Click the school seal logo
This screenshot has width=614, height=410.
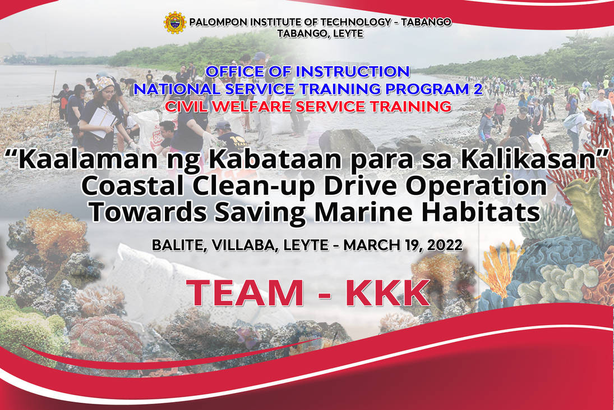[174, 22]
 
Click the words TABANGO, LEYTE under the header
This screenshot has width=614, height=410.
[320, 34]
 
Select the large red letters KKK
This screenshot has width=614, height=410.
[387, 293]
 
